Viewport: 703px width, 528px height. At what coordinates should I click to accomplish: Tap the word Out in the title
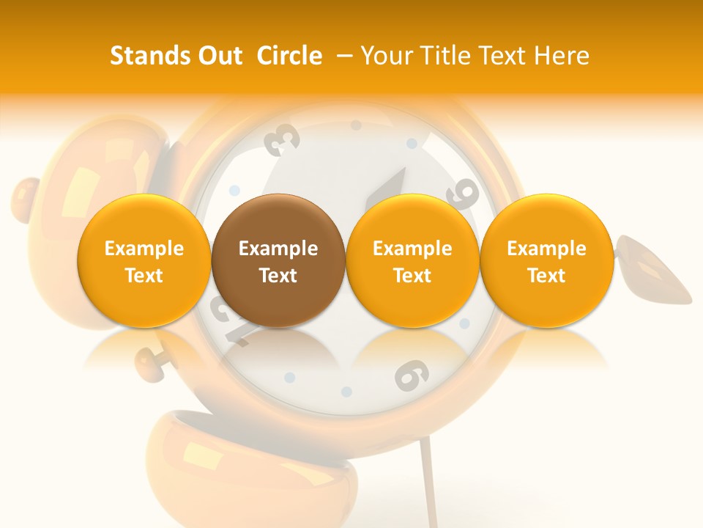(x=218, y=56)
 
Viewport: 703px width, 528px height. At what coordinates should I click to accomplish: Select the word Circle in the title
(x=289, y=56)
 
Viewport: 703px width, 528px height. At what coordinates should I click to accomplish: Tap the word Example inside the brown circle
(x=278, y=249)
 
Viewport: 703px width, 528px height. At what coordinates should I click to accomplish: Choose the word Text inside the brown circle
(x=278, y=276)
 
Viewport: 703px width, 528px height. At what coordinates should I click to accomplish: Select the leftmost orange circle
(x=144, y=261)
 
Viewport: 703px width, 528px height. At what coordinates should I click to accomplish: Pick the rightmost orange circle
(x=546, y=261)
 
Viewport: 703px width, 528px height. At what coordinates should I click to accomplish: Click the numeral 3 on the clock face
(x=283, y=139)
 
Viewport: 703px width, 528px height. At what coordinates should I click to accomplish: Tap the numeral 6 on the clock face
(x=411, y=375)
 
